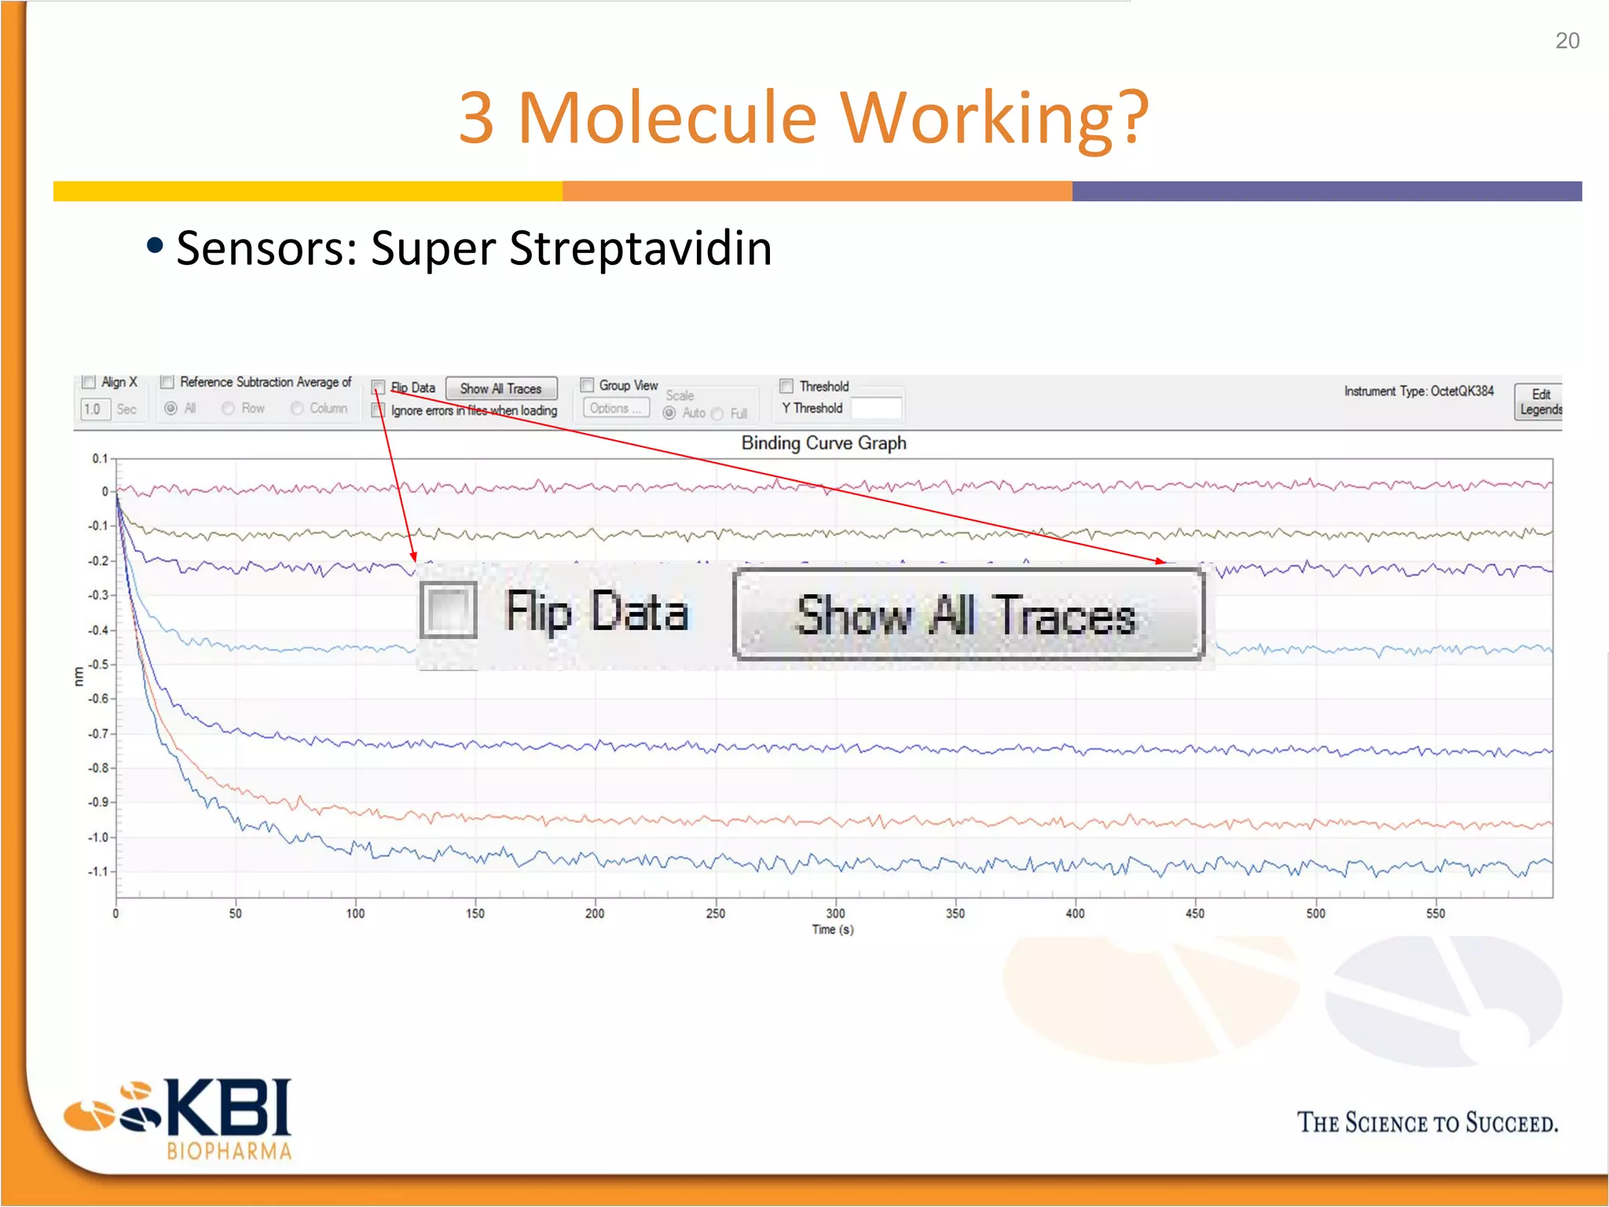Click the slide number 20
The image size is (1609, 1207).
(x=1567, y=41)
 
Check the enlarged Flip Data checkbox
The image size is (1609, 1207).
(x=449, y=610)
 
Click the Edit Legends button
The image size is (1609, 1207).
(x=1539, y=402)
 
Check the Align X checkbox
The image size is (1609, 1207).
(x=90, y=382)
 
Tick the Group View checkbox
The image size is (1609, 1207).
(x=587, y=385)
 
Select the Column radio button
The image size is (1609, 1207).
(x=297, y=408)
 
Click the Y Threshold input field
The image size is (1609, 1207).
(x=876, y=409)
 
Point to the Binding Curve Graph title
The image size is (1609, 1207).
(x=823, y=443)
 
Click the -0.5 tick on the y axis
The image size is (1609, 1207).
(x=98, y=665)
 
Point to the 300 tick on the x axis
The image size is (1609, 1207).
(x=835, y=913)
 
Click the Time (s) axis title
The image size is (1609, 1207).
(x=833, y=930)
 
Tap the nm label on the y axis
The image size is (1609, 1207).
(x=79, y=676)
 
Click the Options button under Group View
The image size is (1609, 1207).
(x=616, y=408)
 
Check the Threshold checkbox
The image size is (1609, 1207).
(x=786, y=386)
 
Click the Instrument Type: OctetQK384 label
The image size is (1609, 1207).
(x=1418, y=391)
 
